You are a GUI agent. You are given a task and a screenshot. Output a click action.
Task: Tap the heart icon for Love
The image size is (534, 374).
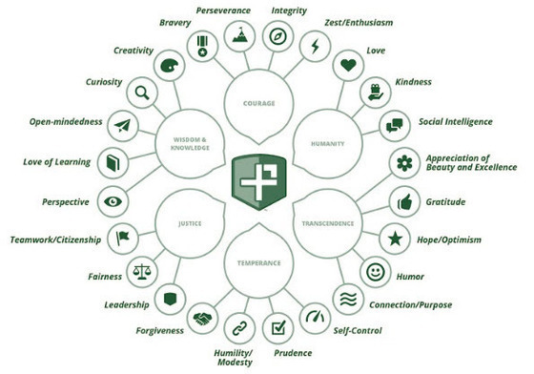(x=349, y=67)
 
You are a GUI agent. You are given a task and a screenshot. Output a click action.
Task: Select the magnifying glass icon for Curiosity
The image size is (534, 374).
(x=142, y=93)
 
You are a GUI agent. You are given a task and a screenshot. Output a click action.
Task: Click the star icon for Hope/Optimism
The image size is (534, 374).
(x=393, y=237)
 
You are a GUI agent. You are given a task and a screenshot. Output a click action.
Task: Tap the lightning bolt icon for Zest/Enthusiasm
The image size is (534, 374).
(x=313, y=45)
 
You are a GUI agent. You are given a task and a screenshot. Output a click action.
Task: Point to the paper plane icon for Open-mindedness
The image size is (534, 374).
(x=122, y=126)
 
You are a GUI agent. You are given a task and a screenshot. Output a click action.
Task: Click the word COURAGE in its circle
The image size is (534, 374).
(x=259, y=102)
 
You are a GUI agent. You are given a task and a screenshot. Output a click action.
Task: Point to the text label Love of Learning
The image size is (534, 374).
(x=57, y=162)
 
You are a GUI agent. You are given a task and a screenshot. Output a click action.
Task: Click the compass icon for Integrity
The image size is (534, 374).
(x=277, y=37)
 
